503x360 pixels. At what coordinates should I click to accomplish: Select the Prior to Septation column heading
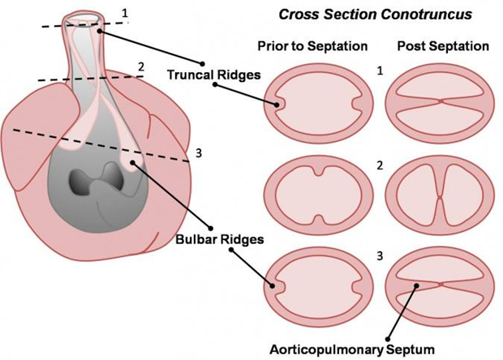point(311,45)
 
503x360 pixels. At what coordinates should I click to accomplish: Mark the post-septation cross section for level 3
point(441,285)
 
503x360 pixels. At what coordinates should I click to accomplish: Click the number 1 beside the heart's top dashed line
point(123,13)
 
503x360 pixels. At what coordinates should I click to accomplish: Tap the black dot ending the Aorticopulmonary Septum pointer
point(389,336)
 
